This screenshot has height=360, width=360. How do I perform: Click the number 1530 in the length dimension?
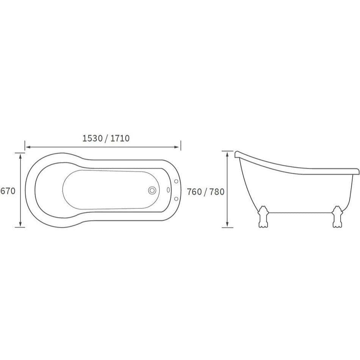click(92, 139)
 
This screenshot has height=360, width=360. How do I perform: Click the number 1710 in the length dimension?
click(120, 139)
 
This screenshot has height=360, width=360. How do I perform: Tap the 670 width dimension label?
click(8, 191)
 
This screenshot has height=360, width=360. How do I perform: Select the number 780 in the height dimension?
click(217, 192)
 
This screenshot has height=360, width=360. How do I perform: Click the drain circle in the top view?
click(152, 191)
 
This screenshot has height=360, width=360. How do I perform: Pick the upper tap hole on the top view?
click(176, 182)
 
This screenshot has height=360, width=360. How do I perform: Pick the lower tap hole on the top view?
click(176, 199)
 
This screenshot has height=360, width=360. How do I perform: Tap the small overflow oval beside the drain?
click(168, 191)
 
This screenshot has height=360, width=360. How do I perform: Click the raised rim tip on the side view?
click(237, 154)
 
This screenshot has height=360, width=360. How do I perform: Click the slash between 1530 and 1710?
click(106, 139)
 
